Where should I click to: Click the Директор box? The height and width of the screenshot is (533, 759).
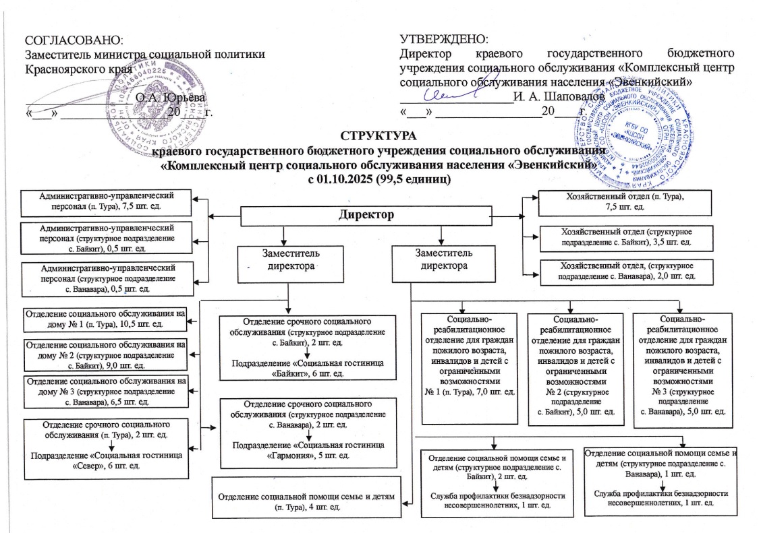[365, 216]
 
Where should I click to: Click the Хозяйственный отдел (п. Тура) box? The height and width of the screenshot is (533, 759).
[616, 201]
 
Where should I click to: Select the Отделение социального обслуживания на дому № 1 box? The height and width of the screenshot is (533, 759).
[104, 319]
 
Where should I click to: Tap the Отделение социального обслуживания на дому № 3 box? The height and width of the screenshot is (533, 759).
[104, 391]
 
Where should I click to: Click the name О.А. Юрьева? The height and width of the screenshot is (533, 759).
[161, 97]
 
